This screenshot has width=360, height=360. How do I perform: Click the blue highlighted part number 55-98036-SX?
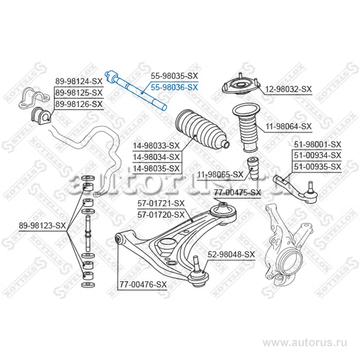pos(174,87)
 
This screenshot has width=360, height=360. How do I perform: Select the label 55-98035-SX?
pos(174,76)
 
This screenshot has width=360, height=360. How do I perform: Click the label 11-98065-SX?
pos(220,174)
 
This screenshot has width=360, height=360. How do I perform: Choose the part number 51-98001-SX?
pos(317,144)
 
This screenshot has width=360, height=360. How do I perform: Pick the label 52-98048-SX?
pos(231,254)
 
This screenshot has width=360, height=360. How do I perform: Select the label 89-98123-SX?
pos(42,226)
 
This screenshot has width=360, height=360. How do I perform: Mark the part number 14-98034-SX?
pos(156,157)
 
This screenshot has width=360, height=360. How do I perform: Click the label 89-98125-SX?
pos(78,93)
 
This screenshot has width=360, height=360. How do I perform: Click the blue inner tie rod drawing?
pos(137,90)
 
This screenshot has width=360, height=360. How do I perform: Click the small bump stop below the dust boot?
pos(254,168)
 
